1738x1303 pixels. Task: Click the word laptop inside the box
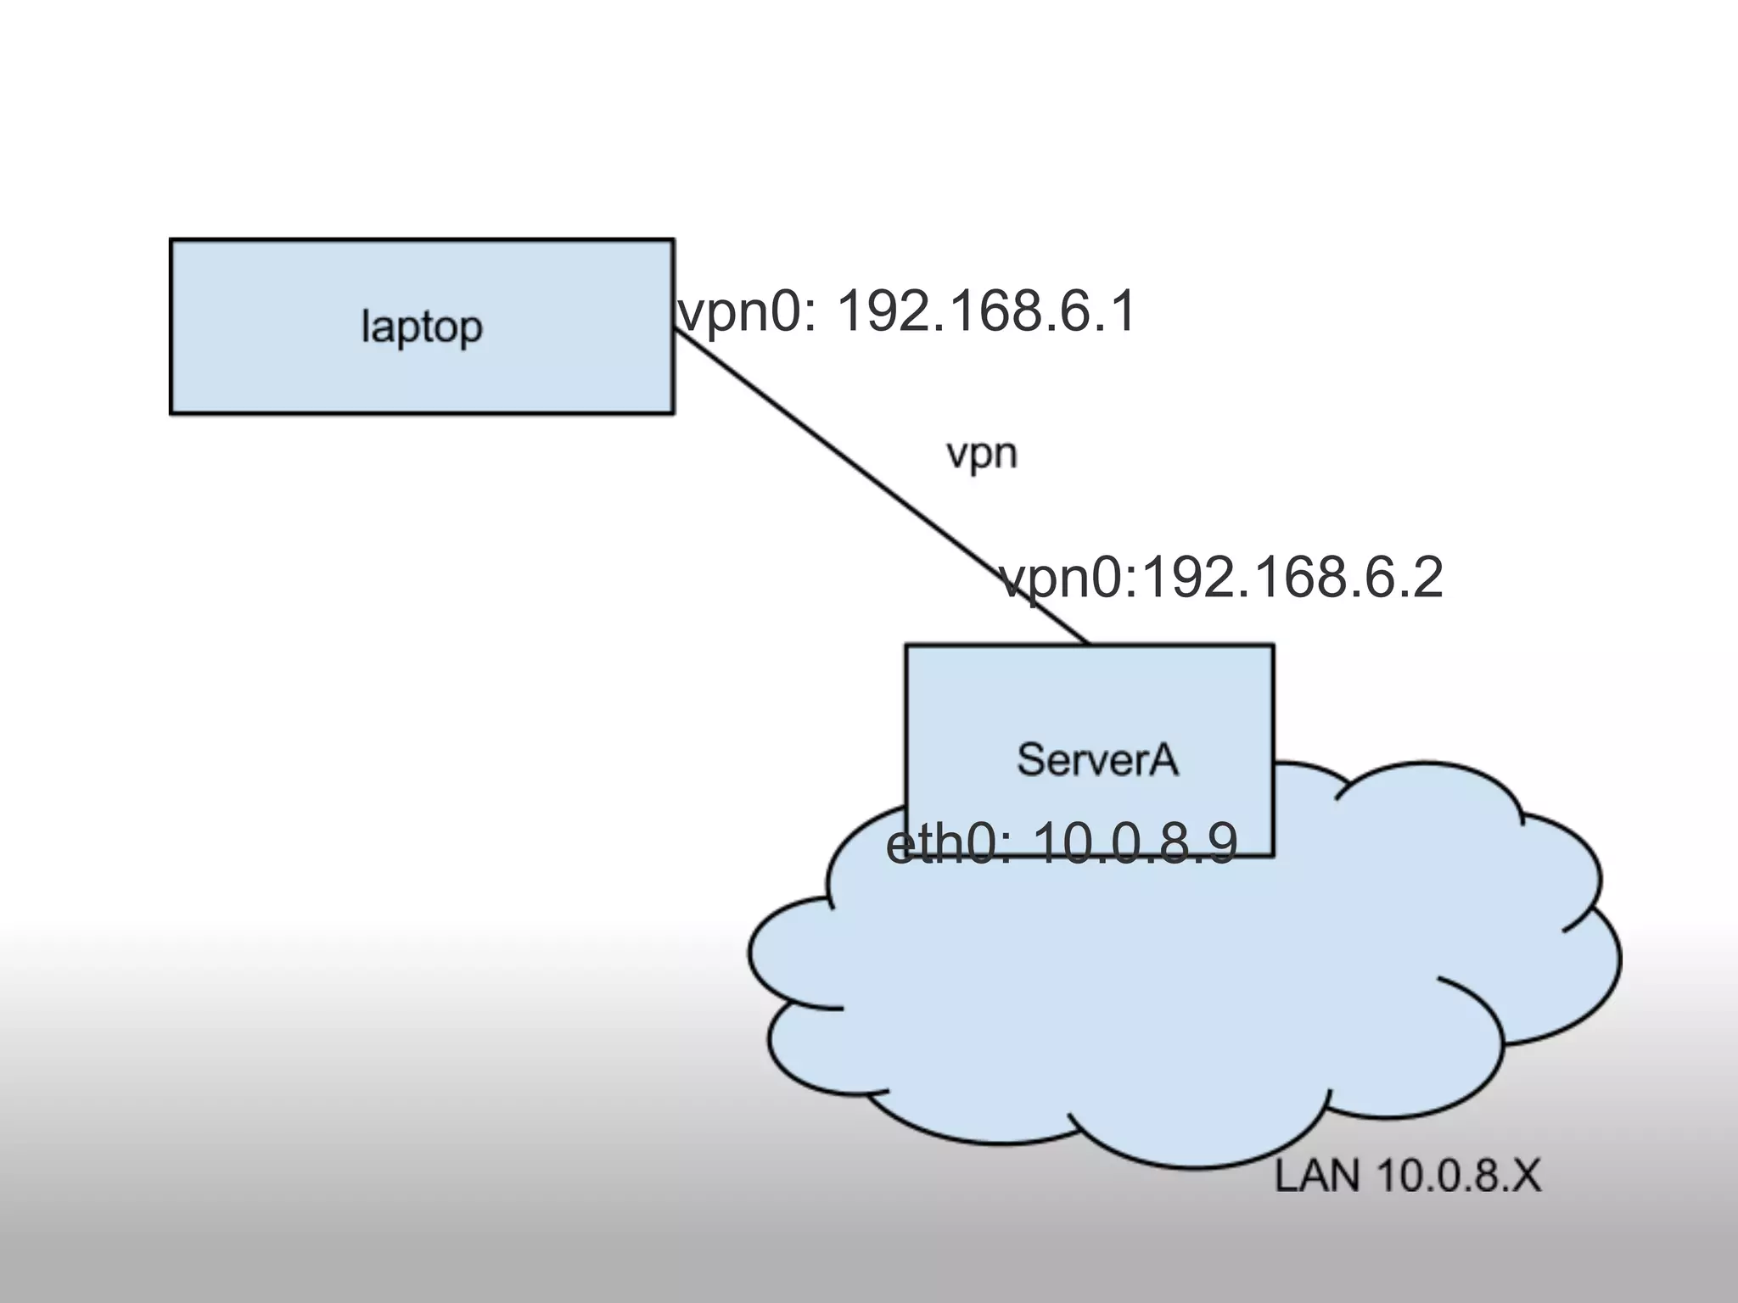point(422,327)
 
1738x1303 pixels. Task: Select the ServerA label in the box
point(1097,759)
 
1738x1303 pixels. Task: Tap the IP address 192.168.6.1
point(986,311)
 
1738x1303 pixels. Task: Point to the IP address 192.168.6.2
point(1291,579)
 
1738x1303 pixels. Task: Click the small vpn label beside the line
point(982,455)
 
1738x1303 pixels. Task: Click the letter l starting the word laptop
point(366,326)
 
